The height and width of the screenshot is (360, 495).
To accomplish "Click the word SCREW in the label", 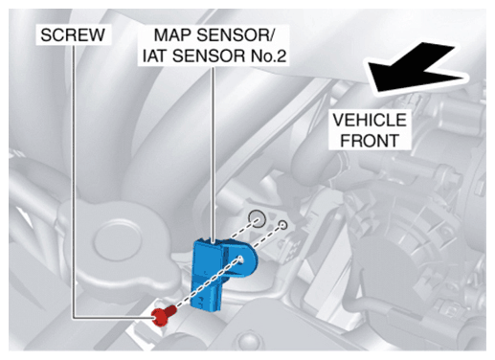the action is pos(73,34).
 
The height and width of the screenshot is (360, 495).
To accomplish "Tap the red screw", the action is pos(164,315).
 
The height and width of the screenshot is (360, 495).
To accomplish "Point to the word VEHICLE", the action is pos(370,120).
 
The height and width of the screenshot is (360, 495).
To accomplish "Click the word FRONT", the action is pos(370,141).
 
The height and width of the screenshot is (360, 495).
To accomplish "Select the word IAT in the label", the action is pos(155,56).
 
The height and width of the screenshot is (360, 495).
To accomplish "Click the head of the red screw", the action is pos(159,318).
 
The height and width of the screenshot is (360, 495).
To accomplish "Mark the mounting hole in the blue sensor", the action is pos(241,259).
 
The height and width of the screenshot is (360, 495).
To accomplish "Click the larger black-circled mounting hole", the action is pos(258,219).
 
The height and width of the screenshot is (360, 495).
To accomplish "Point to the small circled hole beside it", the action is pos(282,225).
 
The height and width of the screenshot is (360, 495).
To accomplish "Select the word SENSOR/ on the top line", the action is pos(235,34).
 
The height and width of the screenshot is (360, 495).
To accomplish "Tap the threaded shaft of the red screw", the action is pos(170,310).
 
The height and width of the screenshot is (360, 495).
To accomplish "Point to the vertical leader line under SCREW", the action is pos(74,181).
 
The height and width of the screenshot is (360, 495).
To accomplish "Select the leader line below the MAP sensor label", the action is pos(213,154).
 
